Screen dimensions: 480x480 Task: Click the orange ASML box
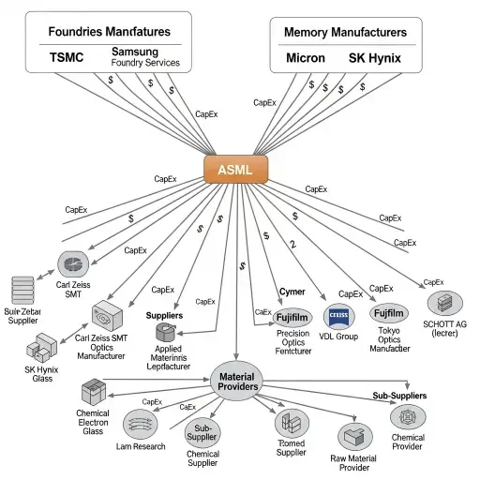coord(235,170)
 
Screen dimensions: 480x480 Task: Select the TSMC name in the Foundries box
coord(66,57)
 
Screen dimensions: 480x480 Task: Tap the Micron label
coord(305,58)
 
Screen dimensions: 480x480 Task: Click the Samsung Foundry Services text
coord(145,57)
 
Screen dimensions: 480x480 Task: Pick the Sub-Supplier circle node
coord(202,432)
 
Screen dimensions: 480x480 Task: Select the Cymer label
coord(292,292)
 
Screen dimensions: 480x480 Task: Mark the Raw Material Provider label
coord(352,463)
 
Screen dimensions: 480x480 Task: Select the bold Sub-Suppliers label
coord(399,396)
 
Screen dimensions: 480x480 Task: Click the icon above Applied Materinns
coord(165,332)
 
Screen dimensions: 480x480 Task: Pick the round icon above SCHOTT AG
coord(443,302)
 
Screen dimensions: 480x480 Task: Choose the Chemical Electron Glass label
coord(93,421)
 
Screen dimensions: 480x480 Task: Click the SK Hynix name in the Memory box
coord(374,58)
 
